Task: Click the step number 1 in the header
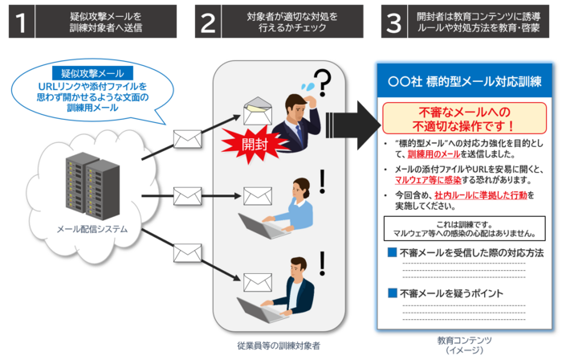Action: tap(21, 22)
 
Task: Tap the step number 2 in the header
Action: tap(208, 22)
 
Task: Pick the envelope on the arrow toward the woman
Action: tap(186, 194)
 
